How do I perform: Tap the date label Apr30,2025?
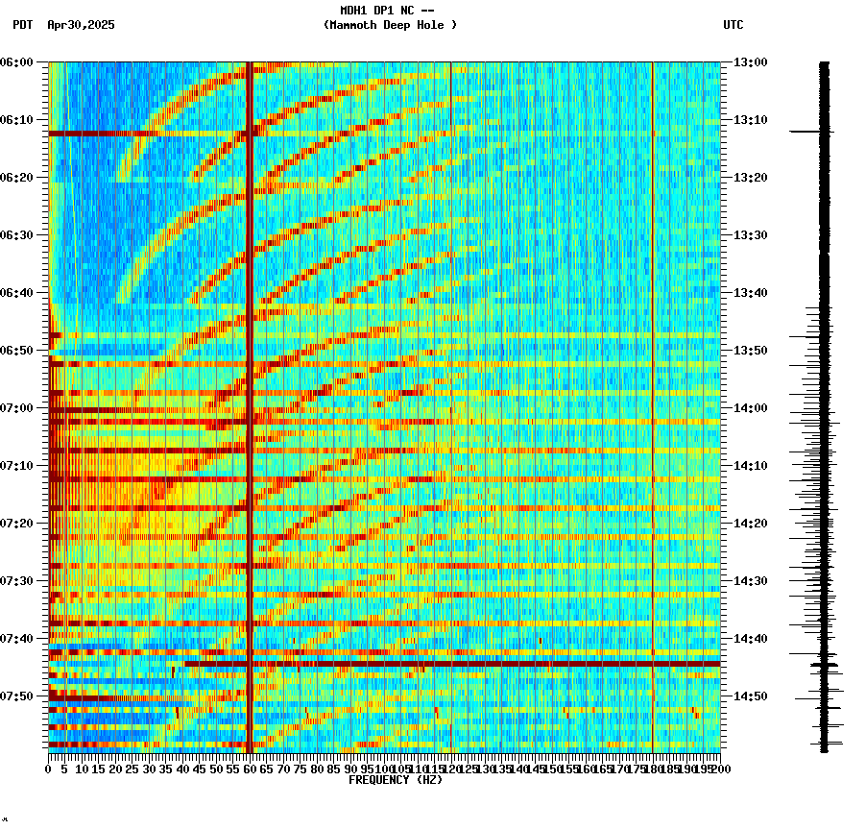point(81,25)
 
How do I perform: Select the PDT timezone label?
point(22,25)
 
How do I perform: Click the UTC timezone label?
point(733,25)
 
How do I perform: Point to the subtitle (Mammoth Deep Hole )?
point(390,25)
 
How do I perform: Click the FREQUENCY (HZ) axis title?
point(395,780)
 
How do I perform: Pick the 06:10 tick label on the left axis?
point(17,120)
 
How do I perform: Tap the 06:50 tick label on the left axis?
point(17,351)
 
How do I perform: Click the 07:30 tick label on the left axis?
point(17,581)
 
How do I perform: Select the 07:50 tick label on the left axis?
point(17,696)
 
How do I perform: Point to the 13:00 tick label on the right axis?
point(751,62)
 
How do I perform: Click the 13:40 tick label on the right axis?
point(751,293)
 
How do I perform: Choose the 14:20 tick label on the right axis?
point(751,524)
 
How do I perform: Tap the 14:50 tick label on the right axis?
point(751,696)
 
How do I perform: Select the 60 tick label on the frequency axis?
point(250,769)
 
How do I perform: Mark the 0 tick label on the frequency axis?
point(49,769)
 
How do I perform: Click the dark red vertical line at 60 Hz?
point(250,384)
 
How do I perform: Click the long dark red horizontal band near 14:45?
point(451,664)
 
